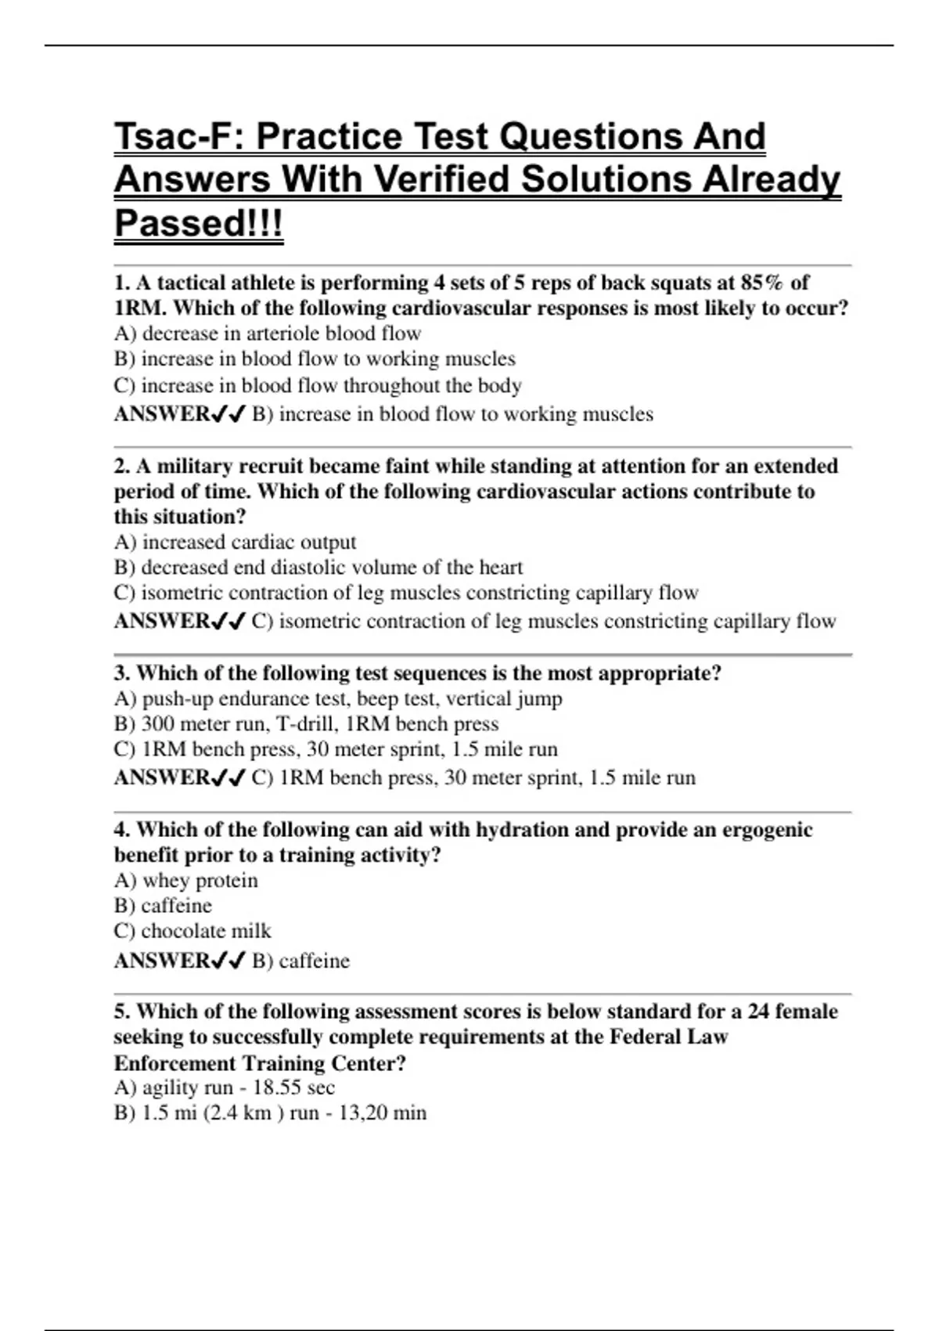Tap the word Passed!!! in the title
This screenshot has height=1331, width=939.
pos(199,223)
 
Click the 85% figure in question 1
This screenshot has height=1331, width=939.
pos(762,283)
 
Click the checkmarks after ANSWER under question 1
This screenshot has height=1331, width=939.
pos(228,414)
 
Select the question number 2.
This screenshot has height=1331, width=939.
pos(122,467)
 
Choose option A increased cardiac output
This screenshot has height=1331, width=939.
pos(235,542)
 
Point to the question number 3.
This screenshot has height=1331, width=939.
pos(122,673)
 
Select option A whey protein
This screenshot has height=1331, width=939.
pos(186,880)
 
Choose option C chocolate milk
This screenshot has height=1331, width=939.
pos(192,931)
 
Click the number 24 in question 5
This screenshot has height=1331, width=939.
pos(758,1012)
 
